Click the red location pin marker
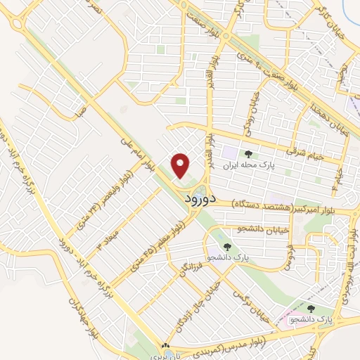click(181, 166)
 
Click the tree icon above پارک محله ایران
click(247, 153)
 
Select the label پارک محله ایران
click(247, 167)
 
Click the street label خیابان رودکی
click(251, 120)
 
